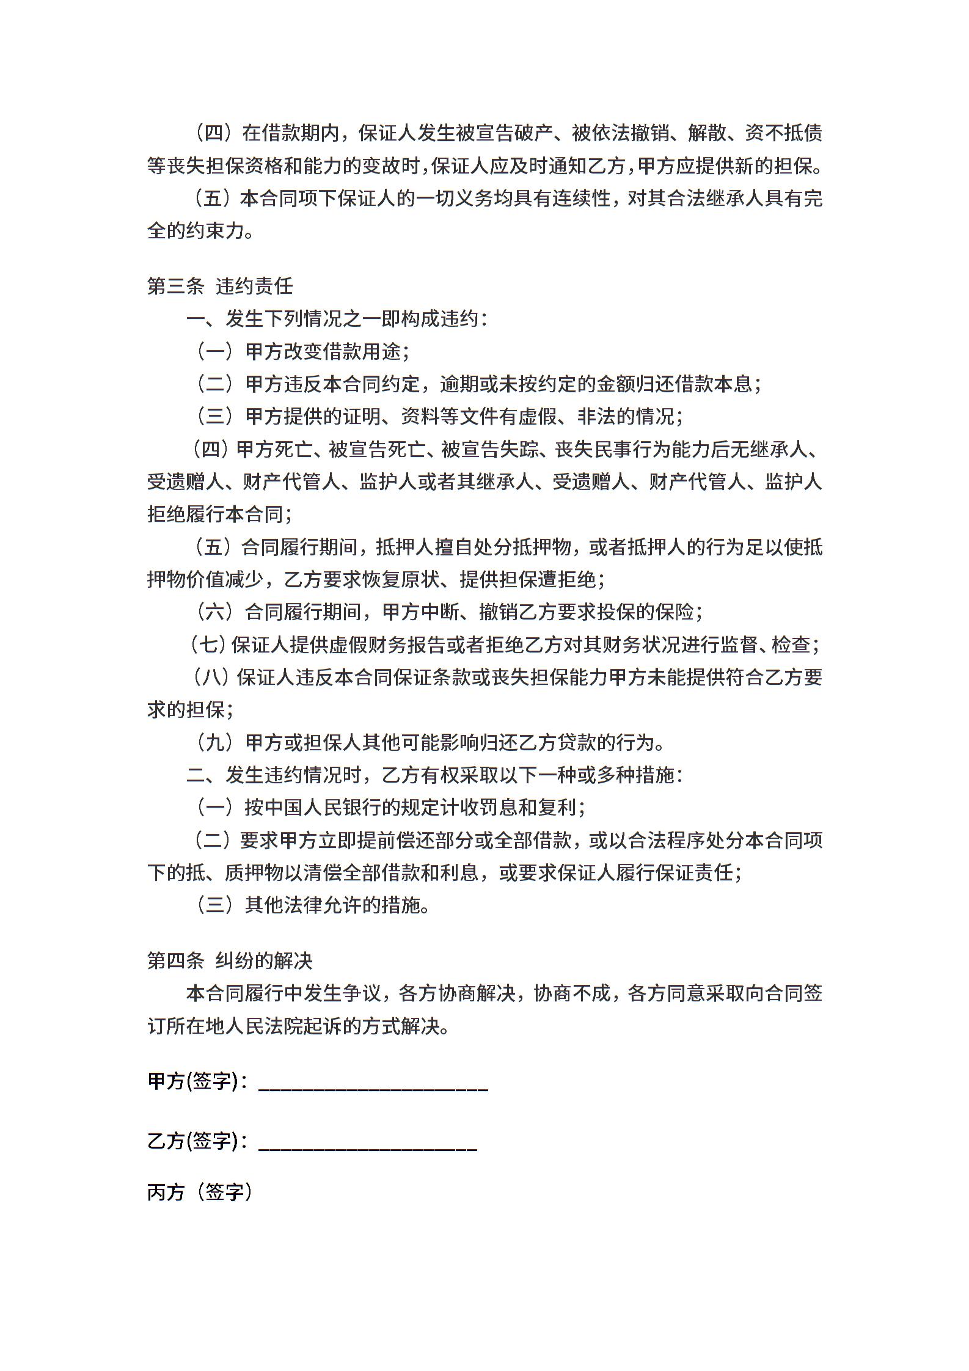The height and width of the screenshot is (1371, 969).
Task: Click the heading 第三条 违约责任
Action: (220, 286)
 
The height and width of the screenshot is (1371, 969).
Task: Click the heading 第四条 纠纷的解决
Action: (230, 960)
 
